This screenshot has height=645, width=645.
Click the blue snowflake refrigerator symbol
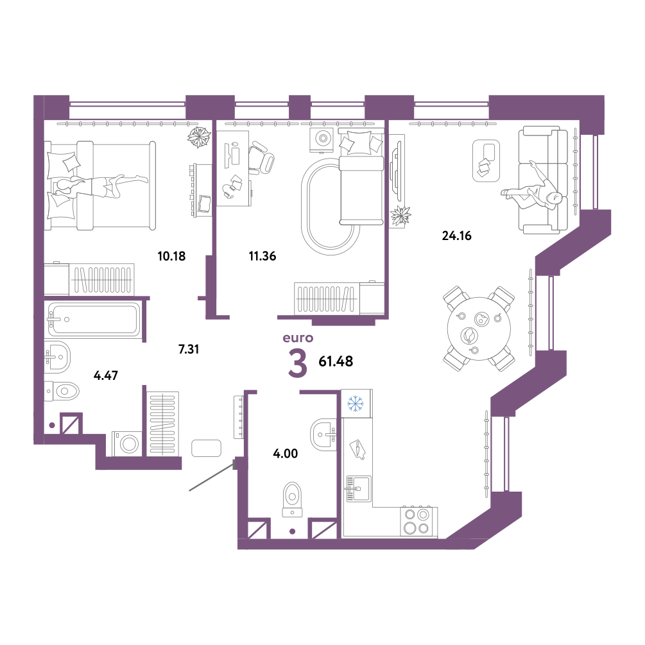point(356,404)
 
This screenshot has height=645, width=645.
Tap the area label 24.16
point(456,236)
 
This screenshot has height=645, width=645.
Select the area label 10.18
point(171,256)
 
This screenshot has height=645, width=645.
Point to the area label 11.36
point(262,256)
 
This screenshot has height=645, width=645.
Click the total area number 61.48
point(336,361)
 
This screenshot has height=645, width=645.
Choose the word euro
point(298,338)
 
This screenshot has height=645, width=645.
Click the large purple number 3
point(298,363)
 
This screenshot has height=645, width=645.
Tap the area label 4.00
point(286,453)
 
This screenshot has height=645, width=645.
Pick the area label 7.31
point(189,349)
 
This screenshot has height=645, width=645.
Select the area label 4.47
point(106,375)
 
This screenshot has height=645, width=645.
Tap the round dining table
point(479,328)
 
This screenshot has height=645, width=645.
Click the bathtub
point(94,320)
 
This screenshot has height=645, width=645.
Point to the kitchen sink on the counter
point(359,488)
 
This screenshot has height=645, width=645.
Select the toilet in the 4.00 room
point(293,499)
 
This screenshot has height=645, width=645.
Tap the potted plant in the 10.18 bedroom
point(200,137)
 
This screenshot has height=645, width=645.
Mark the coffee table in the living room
point(486,160)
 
